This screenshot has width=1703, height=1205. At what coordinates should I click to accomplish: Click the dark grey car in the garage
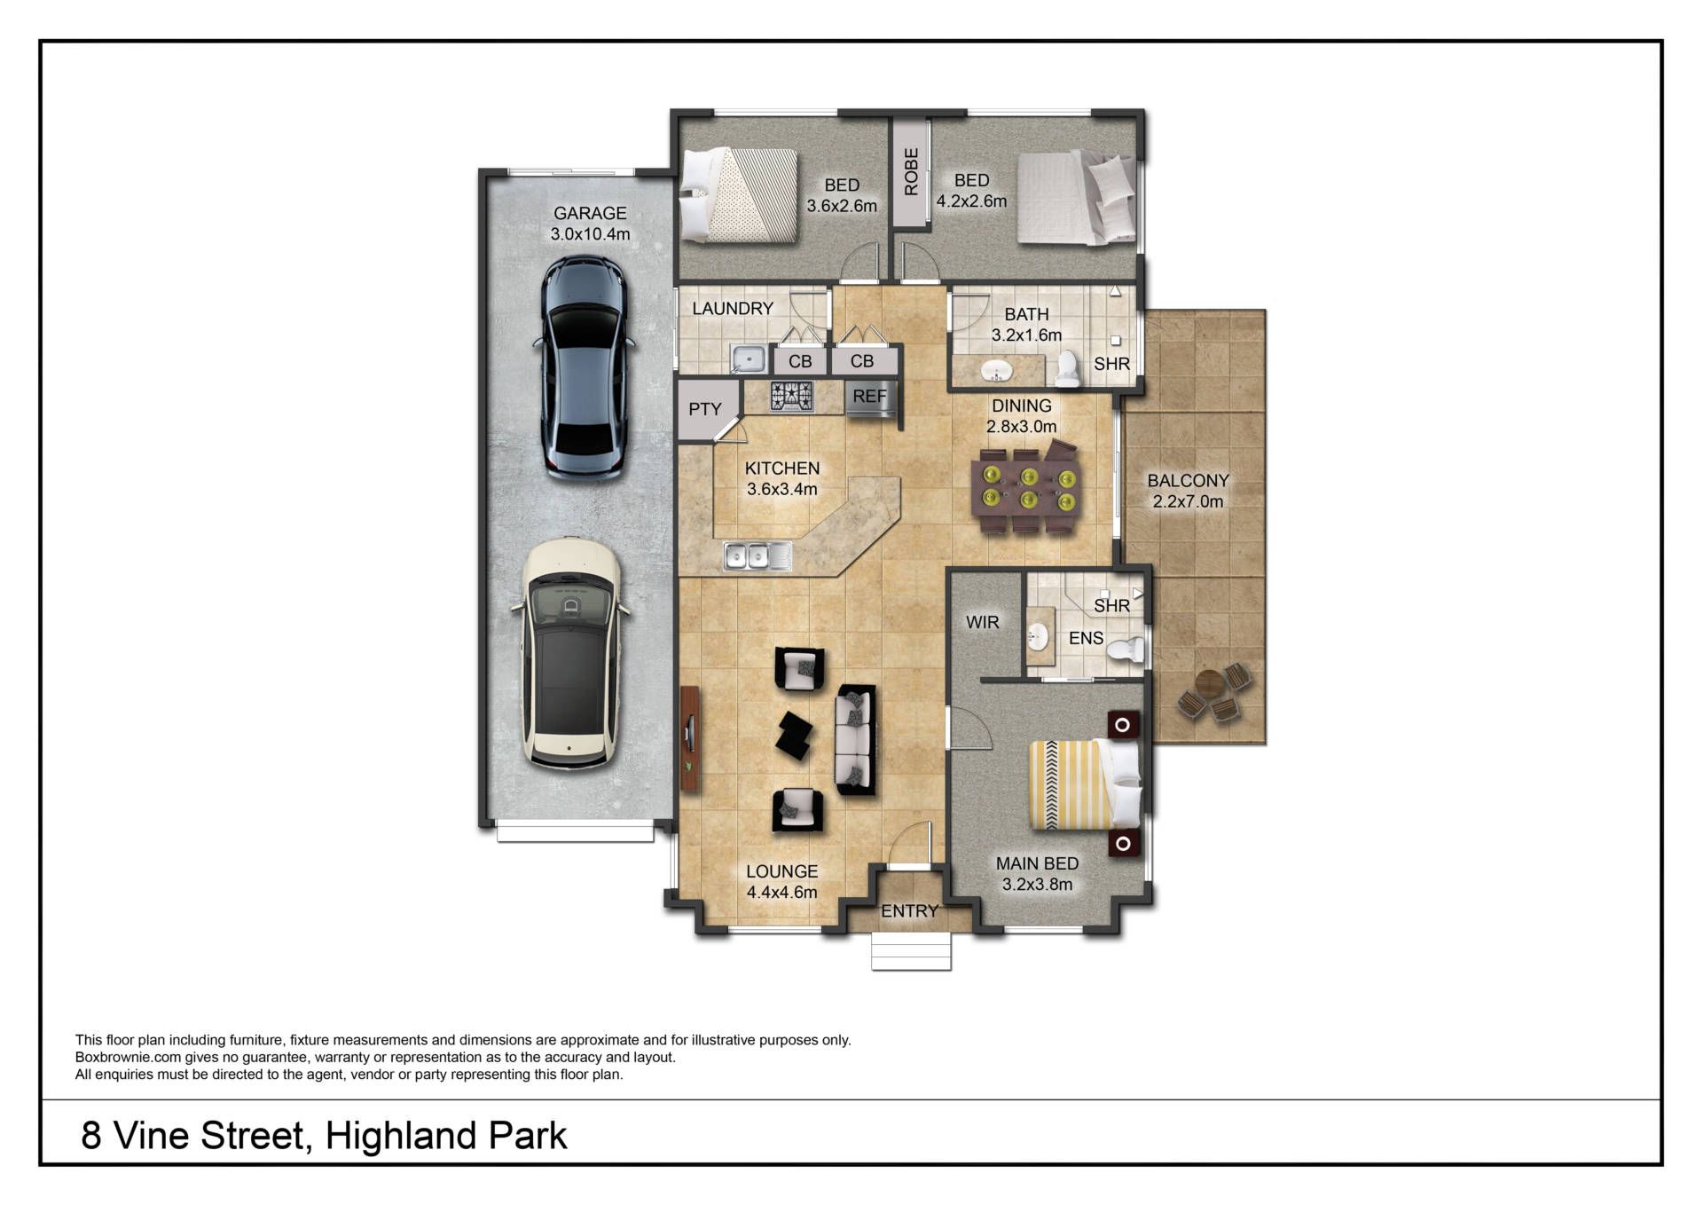point(583,367)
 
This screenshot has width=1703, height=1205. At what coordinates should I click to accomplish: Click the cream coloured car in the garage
point(572,654)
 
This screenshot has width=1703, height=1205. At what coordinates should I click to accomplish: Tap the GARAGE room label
point(590,213)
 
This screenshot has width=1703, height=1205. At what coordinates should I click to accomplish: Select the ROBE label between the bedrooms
point(911,171)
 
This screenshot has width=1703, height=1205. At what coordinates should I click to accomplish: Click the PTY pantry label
point(705,409)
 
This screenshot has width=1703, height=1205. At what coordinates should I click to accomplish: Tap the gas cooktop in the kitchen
point(791,397)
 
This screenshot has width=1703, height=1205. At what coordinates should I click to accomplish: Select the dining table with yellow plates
point(1026,490)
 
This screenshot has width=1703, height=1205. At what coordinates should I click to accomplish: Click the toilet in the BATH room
point(1068,369)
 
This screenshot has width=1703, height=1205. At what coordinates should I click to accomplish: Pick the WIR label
point(983,622)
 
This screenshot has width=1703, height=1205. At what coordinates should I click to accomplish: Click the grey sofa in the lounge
point(856,739)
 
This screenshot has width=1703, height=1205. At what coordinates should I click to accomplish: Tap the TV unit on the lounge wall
point(690,739)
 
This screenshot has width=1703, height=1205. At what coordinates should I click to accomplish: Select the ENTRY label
point(909,911)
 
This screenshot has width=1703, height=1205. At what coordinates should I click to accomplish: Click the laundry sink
point(749,358)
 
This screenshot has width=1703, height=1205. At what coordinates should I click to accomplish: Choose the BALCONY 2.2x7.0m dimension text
point(1188,501)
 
